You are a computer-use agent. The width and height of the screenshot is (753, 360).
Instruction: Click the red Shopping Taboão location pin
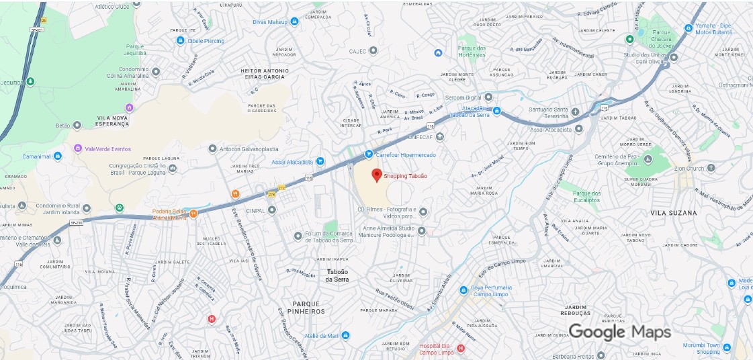pyautogui.click(x=377, y=175)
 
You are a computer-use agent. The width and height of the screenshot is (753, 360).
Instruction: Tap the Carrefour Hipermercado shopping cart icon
pyautogui.click(x=369, y=154)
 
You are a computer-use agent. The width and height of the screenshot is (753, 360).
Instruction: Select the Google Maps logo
pyautogui.click(x=619, y=332)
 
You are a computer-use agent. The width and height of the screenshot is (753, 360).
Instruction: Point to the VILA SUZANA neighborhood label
pyautogui.click(x=674, y=213)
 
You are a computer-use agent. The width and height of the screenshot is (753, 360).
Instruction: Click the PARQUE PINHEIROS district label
pyautogui.click(x=308, y=308)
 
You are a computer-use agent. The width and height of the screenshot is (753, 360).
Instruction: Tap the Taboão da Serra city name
pyautogui.click(x=339, y=275)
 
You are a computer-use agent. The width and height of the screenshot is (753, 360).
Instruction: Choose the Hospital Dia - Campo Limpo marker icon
pyautogui.click(x=461, y=348)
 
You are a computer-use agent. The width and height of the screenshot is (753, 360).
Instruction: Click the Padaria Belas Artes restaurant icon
pyautogui.click(x=193, y=214)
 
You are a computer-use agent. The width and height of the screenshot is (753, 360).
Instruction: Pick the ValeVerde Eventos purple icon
pyautogui.click(x=78, y=148)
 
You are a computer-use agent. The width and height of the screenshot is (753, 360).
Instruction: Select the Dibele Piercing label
pyautogui.click(x=206, y=41)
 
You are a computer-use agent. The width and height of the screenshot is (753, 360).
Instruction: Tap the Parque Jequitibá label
pyautogui.click(x=134, y=50)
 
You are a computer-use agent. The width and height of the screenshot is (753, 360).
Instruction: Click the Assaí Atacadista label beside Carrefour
pyautogui.click(x=292, y=162)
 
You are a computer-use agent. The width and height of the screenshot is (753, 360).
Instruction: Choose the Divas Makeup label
pyautogui.click(x=270, y=22)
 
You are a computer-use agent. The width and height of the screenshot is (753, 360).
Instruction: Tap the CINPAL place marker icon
pyautogui.click(x=272, y=210)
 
